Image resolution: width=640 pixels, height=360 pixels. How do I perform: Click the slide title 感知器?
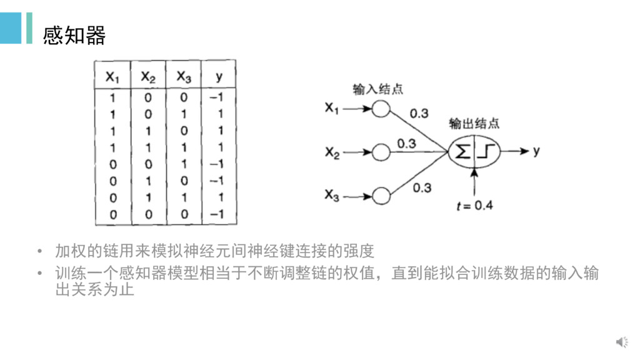tap(74, 36)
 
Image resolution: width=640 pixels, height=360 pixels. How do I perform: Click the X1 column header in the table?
tap(112, 77)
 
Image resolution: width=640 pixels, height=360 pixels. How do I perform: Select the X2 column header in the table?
tap(148, 77)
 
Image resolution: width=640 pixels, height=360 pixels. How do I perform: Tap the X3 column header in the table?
tap(184, 77)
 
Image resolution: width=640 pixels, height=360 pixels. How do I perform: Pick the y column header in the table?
tap(219, 77)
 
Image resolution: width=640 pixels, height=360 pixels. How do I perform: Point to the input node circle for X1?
tap(381, 109)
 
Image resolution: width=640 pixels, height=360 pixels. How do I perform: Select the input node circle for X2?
tap(381, 152)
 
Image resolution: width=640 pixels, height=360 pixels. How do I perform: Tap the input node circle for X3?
tap(381, 196)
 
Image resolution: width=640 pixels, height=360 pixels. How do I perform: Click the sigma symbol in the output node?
tap(462, 152)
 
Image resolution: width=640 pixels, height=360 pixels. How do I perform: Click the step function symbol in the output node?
tap(487, 152)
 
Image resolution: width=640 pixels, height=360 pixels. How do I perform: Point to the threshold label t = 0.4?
tap(474, 205)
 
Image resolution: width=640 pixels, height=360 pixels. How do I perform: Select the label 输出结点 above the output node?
tap(474, 124)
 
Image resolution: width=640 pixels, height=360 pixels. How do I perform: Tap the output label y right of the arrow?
tap(536, 151)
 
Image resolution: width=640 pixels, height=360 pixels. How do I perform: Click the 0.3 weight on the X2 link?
tap(406, 143)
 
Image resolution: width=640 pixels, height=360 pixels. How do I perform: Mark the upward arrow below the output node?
tap(475, 181)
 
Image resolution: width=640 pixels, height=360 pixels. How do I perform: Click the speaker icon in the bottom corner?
tap(622, 341)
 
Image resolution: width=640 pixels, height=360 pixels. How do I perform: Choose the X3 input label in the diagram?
tap(332, 196)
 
